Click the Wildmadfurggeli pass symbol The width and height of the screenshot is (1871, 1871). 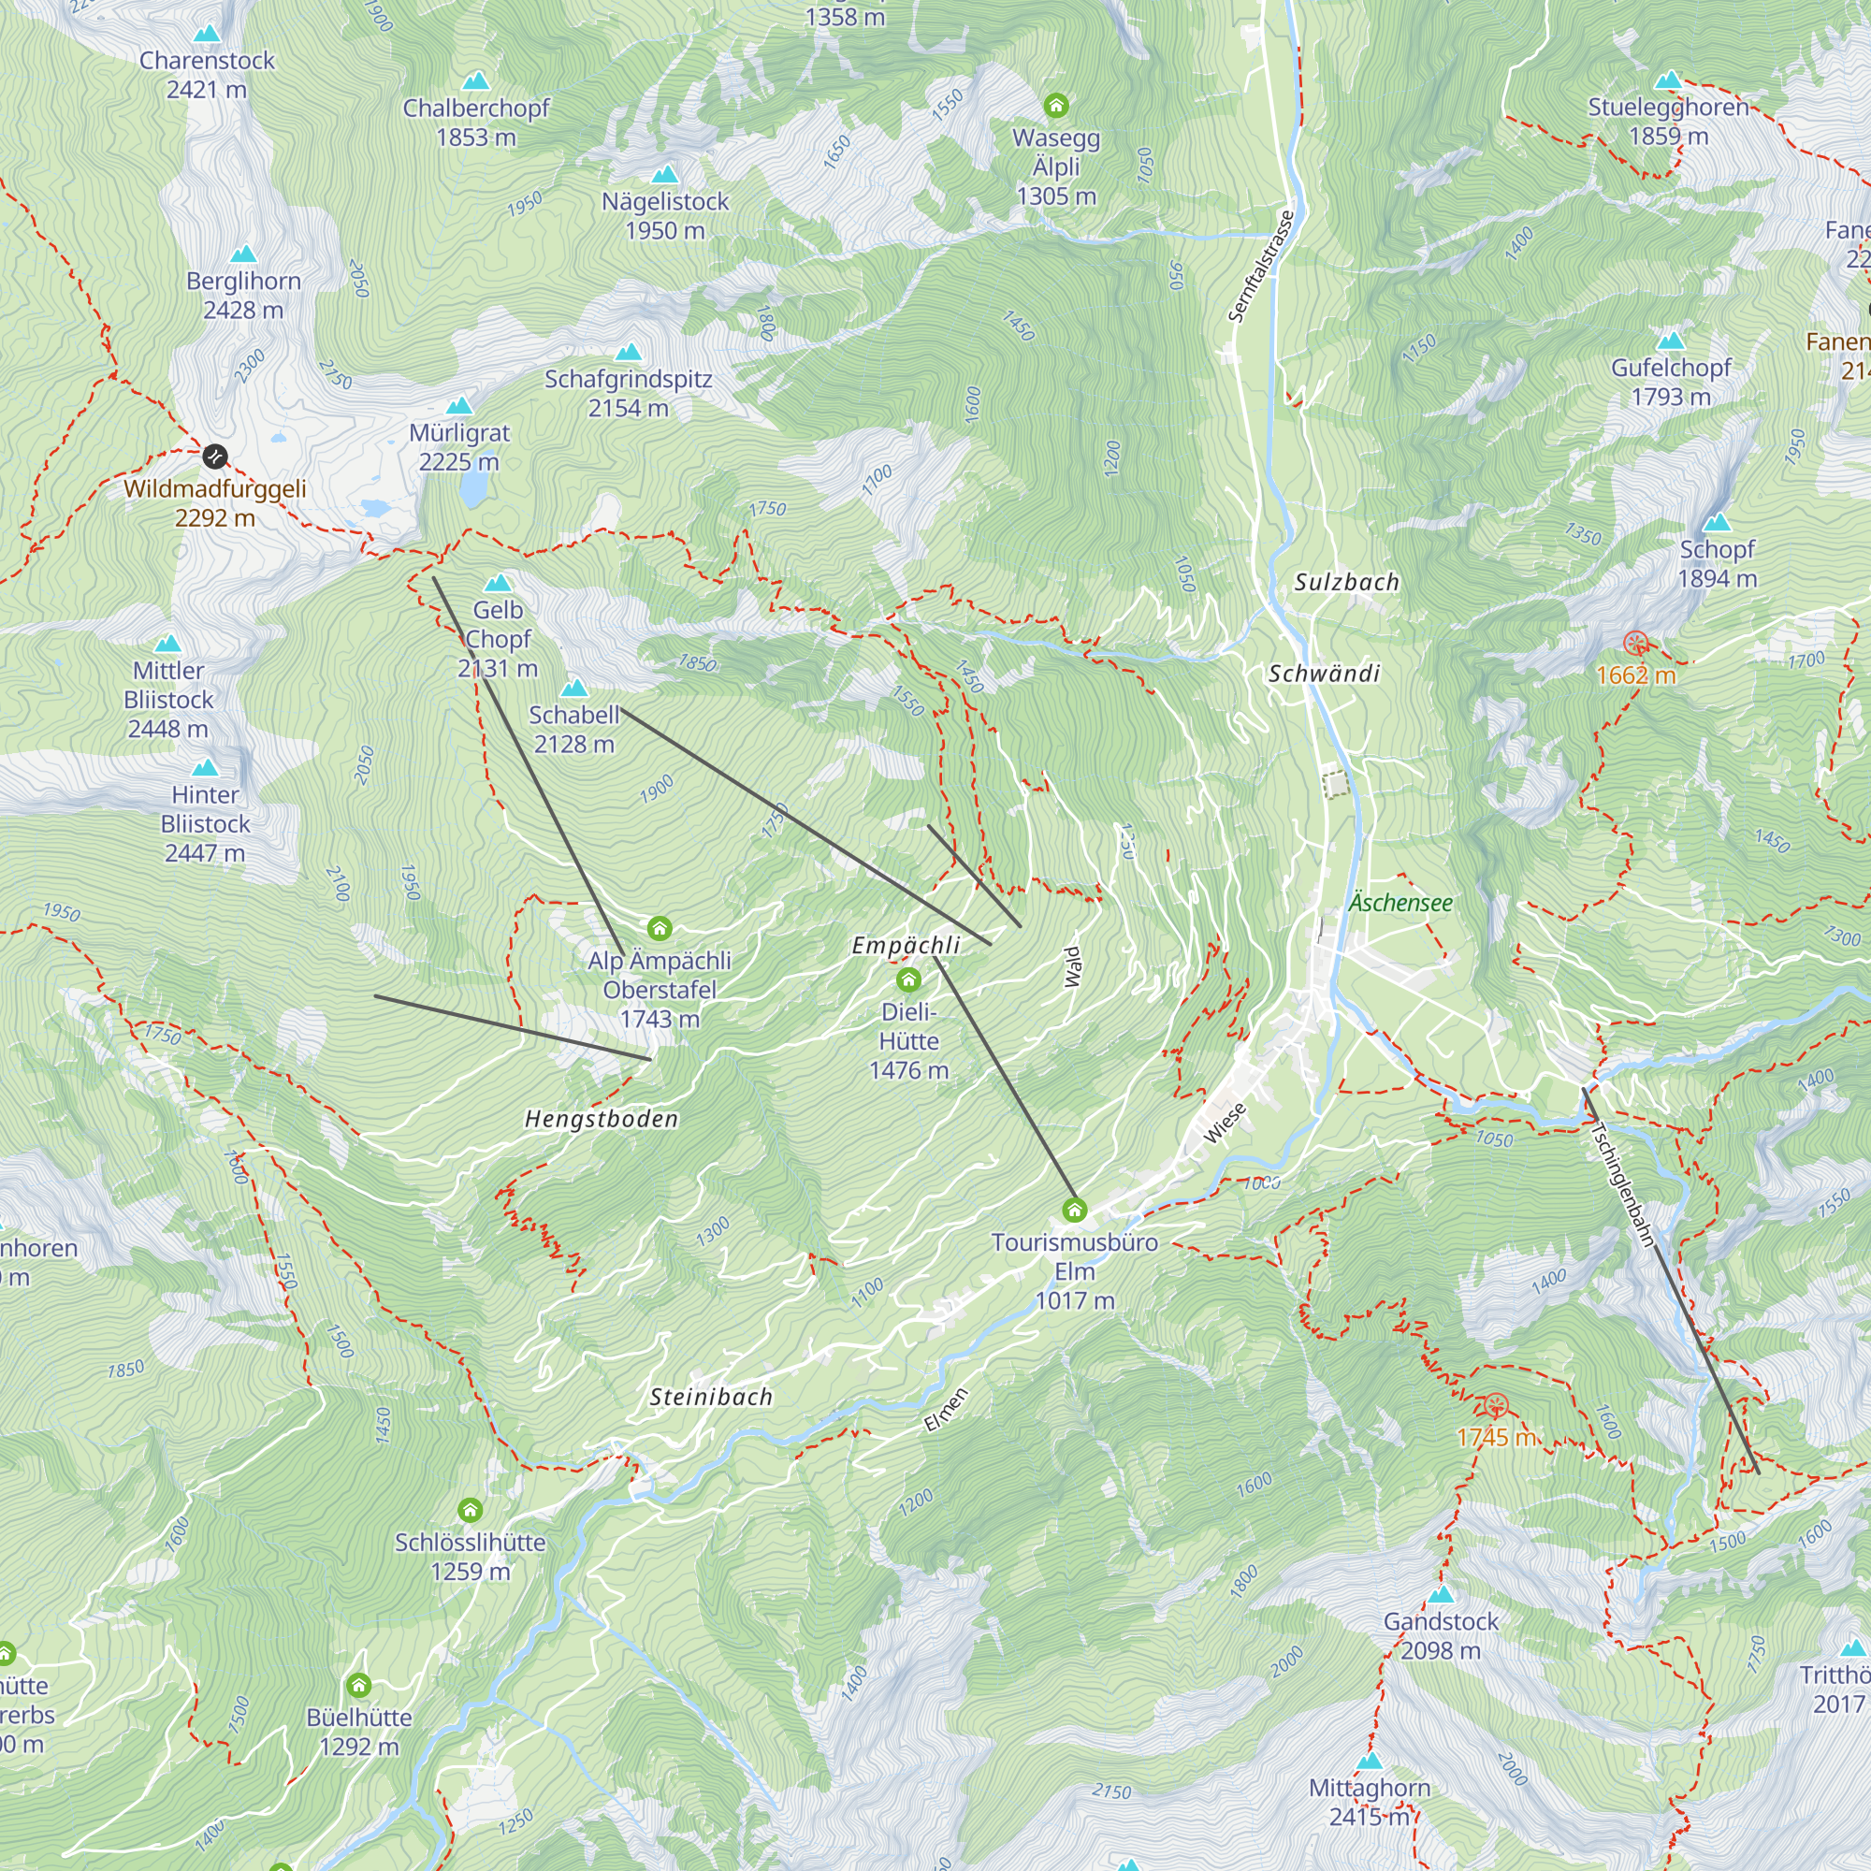point(215,456)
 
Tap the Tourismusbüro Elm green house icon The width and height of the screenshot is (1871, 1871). point(1074,1210)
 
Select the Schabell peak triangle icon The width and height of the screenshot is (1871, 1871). point(574,688)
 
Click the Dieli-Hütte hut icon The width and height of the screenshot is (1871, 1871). point(908,980)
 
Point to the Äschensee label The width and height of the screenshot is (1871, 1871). point(1400,903)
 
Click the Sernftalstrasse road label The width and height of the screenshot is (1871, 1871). point(1261,267)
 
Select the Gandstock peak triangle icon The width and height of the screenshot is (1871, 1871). point(1441,1594)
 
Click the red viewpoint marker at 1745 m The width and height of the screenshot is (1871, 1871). point(1496,1405)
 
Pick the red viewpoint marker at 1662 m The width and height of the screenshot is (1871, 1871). point(1635,643)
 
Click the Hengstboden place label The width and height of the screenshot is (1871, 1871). point(602,1120)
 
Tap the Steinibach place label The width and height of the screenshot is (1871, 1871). point(711,1397)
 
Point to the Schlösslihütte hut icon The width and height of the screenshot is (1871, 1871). point(470,1510)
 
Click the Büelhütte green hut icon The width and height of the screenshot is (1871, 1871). point(359,1685)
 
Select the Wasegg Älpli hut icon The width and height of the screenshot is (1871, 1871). point(1055,105)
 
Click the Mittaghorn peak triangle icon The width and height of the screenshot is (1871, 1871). point(1370,1761)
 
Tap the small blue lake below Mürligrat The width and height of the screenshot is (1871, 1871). point(472,492)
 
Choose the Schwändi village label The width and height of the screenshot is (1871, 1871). point(1324,673)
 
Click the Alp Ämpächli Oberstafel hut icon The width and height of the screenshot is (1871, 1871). point(660,929)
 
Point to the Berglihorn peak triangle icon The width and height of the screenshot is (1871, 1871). point(244,254)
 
